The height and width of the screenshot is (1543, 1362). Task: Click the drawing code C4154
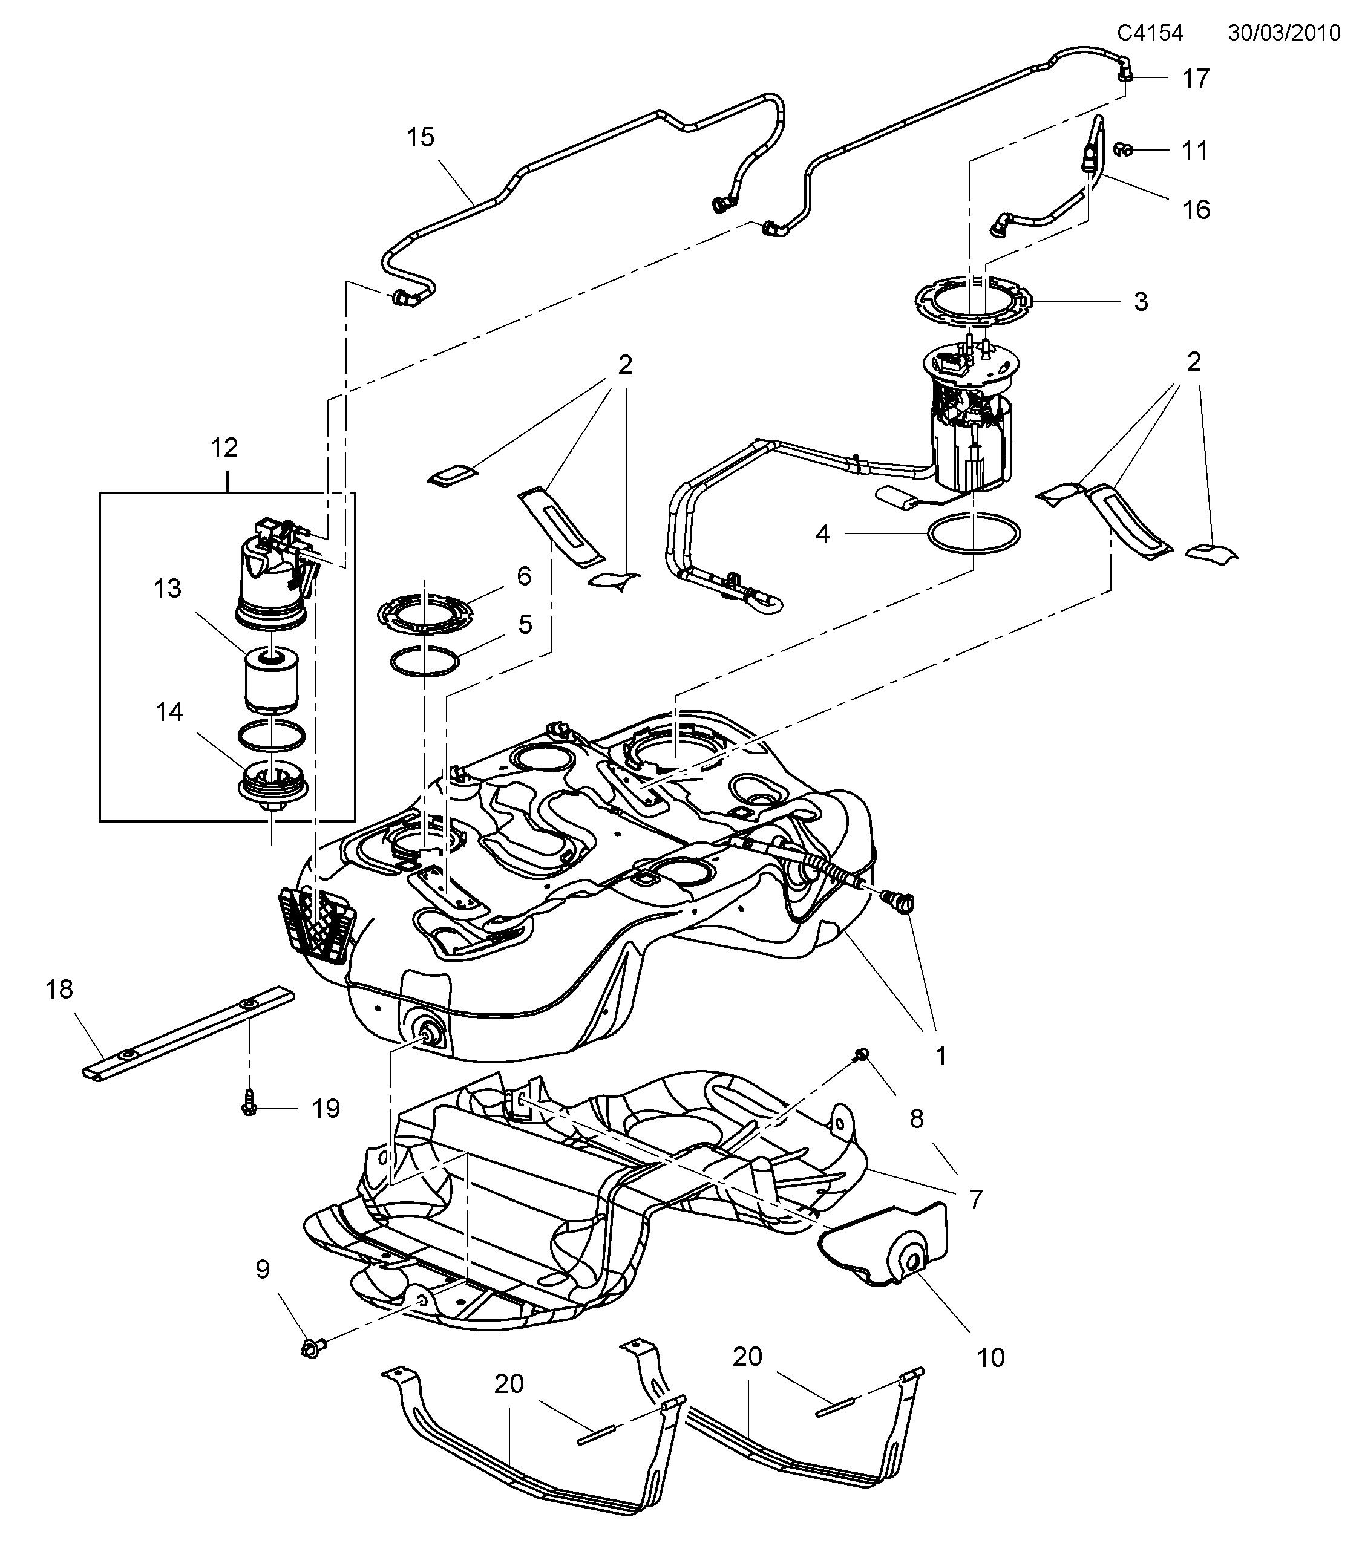[1150, 33]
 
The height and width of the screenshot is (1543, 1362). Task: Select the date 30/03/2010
[1283, 33]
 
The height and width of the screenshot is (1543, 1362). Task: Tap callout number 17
[1195, 79]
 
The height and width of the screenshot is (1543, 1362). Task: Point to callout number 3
[1141, 302]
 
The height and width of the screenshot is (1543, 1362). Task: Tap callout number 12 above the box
[224, 448]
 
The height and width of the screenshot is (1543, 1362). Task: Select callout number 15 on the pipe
[421, 137]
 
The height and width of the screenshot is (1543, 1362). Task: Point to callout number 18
[60, 990]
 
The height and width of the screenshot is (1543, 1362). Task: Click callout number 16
[1196, 210]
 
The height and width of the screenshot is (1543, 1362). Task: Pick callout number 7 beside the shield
[975, 1199]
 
